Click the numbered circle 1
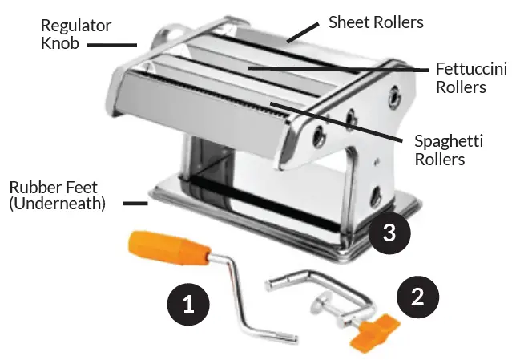pos(188,305)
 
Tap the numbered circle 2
pos(417,297)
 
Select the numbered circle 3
pos(389,233)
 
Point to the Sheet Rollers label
pos(376,22)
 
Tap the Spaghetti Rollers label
pos(449,150)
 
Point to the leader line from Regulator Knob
pos(111,46)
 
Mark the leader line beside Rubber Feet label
pos(135,204)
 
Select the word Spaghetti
pos(449,142)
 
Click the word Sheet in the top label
pos(348,22)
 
